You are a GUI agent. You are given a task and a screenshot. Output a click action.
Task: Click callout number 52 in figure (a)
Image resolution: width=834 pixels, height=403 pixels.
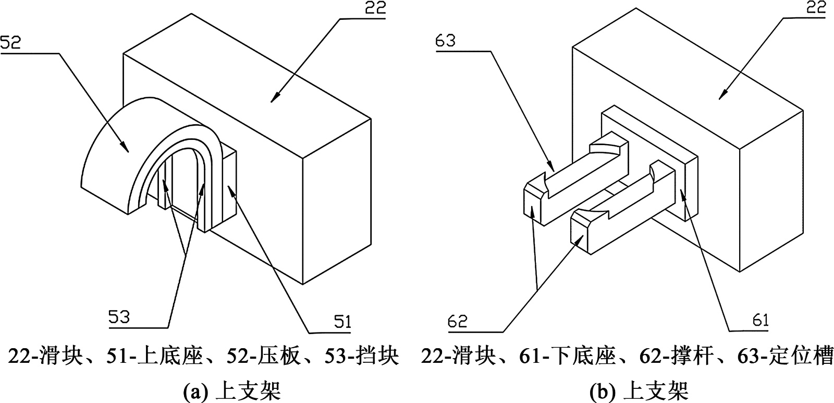[11, 42]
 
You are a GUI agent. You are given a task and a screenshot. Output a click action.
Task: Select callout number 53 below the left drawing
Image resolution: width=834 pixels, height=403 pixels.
[119, 316]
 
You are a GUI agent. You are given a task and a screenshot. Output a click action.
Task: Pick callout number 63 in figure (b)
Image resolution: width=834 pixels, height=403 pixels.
[446, 40]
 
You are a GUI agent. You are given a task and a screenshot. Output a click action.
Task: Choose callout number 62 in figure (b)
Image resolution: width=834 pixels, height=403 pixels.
[458, 321]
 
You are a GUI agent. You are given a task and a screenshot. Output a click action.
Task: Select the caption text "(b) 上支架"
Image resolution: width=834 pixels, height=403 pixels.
[640, 390]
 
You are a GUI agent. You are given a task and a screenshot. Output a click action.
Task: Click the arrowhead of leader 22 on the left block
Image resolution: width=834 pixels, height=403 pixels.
[273, 101]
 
